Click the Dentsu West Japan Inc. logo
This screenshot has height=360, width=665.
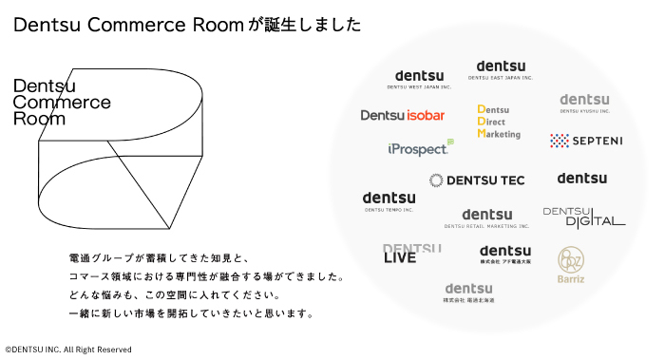click(419, 80)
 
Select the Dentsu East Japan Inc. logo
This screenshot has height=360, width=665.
click(501, 69)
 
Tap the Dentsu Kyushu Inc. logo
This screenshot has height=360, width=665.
click(583, 103)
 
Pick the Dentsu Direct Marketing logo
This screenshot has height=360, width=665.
click(500, 122)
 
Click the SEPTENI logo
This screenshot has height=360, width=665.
click(586, 141)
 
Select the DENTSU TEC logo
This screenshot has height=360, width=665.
click(477, 180)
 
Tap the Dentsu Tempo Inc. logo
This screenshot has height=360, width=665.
click(389, 201)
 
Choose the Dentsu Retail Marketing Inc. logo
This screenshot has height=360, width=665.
click(487, 218)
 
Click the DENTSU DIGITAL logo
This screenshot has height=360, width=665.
click(583, 217)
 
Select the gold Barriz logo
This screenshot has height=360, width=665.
click(571, 265)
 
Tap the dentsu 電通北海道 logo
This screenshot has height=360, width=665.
click(468, 293)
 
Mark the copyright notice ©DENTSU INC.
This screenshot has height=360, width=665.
click(68, 350)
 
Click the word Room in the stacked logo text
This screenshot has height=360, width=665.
click(39, 120)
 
